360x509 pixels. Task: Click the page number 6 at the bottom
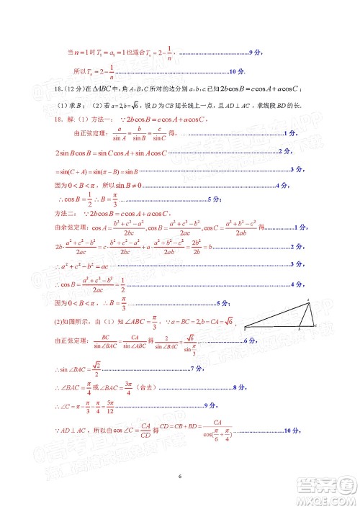[x=180, y=476]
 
